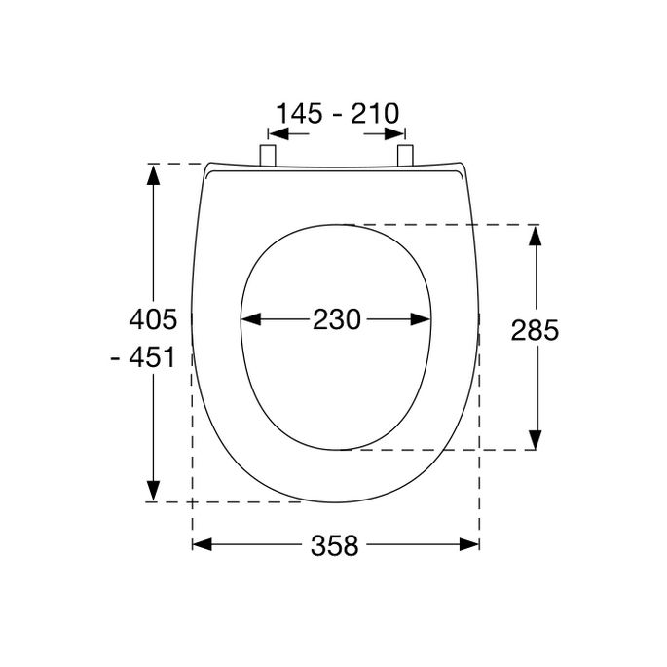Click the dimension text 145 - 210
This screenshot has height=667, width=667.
pyautogui.click(x=337, y=114)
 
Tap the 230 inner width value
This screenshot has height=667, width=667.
pyautogui.click(x=336, y=318)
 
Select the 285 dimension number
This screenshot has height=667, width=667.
pyautogui.click(x=535, y=331)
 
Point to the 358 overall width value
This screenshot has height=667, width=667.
pyautogui.click(x=336, y=546)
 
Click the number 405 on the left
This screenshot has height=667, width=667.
pyautogui.click(x=153, y=318)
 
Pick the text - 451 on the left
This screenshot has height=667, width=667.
pyautogui.click(x=144, y=357)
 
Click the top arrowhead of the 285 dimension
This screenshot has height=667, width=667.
pyautogui.click(x=535, y=233)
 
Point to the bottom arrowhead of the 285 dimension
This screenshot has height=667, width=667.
pyautogui.click(x=535, y=441)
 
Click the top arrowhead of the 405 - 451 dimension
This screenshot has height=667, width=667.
pyautogui.click(x=153, y=173)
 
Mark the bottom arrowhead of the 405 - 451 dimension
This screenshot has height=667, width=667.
pyautogui.click(x=153, y=493)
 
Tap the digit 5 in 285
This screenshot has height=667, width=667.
pyautogui.click(x=550, y=331)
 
